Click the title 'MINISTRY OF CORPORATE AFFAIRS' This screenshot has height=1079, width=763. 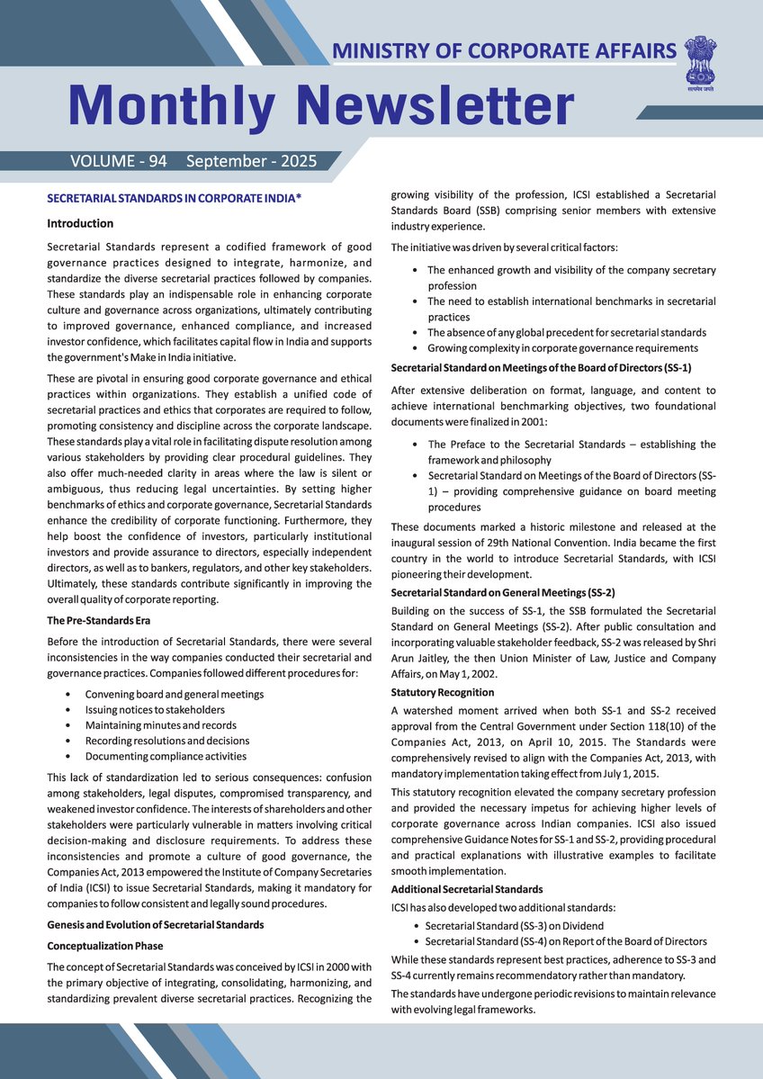click(504, 50)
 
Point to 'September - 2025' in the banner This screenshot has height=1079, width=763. click(251, 162)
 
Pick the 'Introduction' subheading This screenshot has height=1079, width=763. click(80, 223)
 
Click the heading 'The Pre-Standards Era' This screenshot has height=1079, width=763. click(99, 620)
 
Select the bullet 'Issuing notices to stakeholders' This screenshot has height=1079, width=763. click(155, 710)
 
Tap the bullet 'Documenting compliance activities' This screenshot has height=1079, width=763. click(166, 756)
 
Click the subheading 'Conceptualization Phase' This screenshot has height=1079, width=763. click(105, 946)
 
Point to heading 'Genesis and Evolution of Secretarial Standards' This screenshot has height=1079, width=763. click(156, 925)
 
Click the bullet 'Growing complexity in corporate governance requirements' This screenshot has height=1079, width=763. click(562, 347)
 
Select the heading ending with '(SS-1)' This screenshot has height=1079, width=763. click(541, 367)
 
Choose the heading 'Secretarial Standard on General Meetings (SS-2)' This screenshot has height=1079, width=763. click(503, 592)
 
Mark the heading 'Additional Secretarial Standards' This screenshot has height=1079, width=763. click(467, 889)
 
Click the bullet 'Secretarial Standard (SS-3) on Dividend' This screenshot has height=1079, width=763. click(514, 925)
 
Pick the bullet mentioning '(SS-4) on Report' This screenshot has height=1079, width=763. click(565, 941)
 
